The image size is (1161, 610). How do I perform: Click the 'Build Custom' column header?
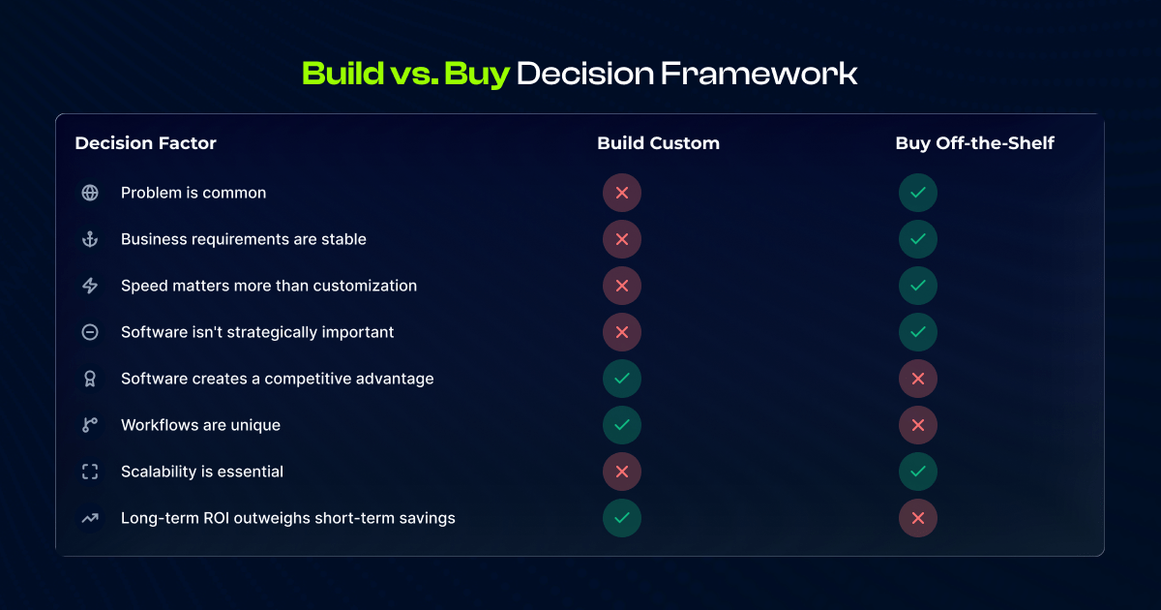(x=658, y=143)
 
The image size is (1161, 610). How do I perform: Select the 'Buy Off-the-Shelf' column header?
(x=974, y=143)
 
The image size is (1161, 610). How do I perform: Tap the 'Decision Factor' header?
(x=145, y=143)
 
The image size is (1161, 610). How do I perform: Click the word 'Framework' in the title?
(x=759, y=74)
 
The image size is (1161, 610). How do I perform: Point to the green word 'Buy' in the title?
(x=477, y=75)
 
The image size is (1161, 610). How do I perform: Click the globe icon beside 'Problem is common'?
(x=90, y=193)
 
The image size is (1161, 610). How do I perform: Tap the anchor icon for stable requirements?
(x=90, y=239)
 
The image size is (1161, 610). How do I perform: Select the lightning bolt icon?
(x=90, y=286)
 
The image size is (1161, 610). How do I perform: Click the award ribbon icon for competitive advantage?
(x=90, y=379)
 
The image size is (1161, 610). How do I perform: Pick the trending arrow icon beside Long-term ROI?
(x=90, y=518)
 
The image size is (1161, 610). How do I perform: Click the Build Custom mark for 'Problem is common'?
(x=622, y=193)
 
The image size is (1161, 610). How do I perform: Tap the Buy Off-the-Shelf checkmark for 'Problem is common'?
(x=918, y=193)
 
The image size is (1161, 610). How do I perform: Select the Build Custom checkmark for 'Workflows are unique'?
(x=622, y=425)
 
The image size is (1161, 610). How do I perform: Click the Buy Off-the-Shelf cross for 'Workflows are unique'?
(x=918, y=425)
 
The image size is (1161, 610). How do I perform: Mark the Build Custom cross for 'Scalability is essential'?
(x=622, y=472)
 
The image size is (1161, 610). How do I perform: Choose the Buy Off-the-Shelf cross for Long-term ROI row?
(x=918, y=518)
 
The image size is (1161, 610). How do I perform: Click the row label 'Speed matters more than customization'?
(x=269, y=286)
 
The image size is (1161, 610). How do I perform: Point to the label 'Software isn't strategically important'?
(x=257, y=332)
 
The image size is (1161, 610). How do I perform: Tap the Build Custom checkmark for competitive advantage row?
(x=622, y=379)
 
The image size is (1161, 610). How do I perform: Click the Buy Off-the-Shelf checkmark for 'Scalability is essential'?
(x=918, y=472)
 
